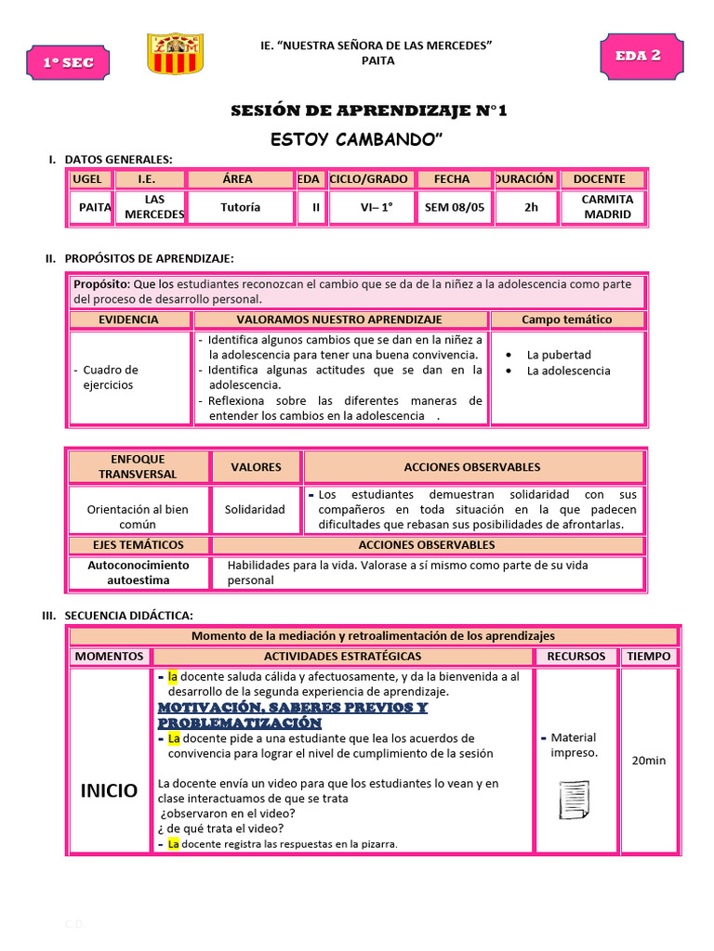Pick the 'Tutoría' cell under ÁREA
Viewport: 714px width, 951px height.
click(240, 207)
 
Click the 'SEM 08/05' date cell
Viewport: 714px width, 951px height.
click(455, 207)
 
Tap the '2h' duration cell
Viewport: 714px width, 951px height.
click(531, 207)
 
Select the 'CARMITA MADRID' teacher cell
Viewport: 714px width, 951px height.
click(606, 206)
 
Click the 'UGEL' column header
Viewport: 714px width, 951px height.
click(93, 179)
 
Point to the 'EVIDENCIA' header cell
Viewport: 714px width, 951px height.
click(129, 319)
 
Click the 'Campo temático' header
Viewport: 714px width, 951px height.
click(566, 319)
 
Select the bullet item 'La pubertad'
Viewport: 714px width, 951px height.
click(558, 355)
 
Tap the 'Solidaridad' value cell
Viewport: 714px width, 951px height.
click(255, 510)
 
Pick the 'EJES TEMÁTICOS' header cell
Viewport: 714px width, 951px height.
click(138, 545)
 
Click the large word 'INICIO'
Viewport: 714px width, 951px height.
click(109, 790)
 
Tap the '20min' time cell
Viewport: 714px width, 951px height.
click(648, 761)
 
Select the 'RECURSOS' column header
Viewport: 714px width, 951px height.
click(575, 656)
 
